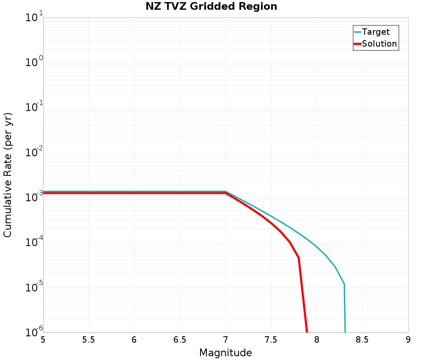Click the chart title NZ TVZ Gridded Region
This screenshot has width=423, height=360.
[x=211, y=7]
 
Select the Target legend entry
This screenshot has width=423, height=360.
[x=376, y=32]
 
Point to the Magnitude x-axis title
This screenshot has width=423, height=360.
[x=225, y=353]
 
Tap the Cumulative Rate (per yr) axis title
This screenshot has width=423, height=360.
[x=8, y=175]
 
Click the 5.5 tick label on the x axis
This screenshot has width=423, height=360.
[x=88, y=340]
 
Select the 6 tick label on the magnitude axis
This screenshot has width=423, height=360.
[x=134, y=340]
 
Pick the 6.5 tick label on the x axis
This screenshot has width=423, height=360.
[x=180, y=340]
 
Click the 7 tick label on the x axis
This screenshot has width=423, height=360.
[x=225, y=340]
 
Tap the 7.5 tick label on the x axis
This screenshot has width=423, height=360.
[x=271, y=340]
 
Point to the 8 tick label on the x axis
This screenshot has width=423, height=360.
[x=317, y=340]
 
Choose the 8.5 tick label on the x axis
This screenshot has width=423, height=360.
[x=363, y=340]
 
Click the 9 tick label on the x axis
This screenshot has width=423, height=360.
[x=408, y=340]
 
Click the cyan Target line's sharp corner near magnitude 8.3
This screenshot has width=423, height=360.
[x=344, y=283]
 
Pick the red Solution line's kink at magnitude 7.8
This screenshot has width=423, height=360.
[x=299, y=258]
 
